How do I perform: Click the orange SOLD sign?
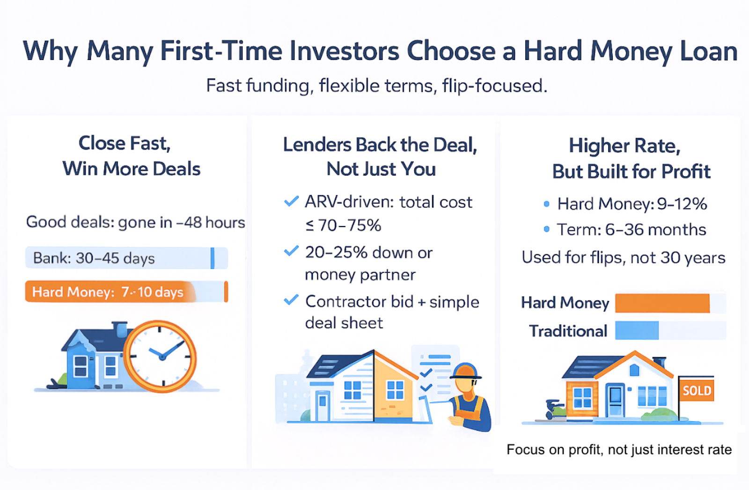[697, 390]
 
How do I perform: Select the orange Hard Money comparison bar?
[662, 303]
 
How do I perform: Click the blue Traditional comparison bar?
[637, 331]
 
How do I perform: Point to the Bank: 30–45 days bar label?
[94, 258]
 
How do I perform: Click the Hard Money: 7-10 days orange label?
[108, 292]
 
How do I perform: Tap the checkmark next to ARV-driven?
[291, 202]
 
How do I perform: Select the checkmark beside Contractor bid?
[291, 300]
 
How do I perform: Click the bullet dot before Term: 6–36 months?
[546, 229]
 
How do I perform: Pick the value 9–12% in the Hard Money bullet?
[682, 204]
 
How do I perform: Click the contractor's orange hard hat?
[465, 371]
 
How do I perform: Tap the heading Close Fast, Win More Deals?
[131, 156]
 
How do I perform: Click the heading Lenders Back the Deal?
[380, 145]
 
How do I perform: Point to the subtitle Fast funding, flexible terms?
[377, 86]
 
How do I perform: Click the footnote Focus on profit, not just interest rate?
[619, 450]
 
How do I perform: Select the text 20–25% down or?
[369, 253]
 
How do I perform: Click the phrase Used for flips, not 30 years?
[624, 258]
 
